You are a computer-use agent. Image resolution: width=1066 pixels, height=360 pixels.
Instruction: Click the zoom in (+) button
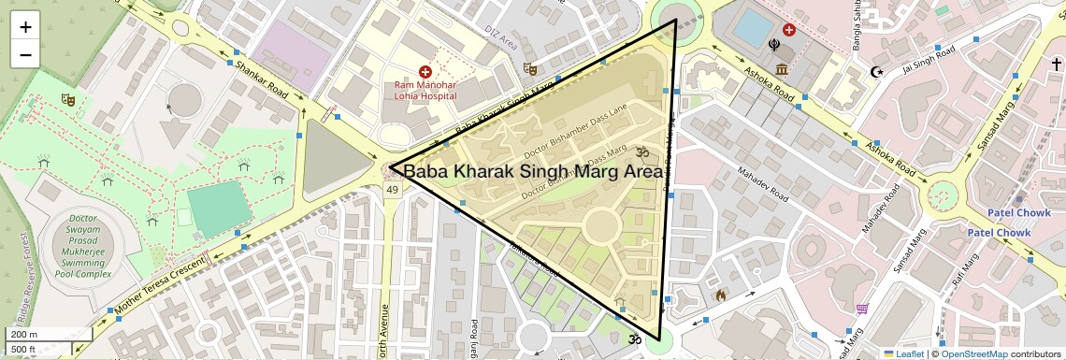[25, 27]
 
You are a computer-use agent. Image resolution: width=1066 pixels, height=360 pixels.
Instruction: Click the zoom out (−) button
[25, 54]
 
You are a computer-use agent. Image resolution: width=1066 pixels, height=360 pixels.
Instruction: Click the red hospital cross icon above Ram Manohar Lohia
[425, 71]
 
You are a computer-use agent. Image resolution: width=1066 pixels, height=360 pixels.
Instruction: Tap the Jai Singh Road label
[925, 65]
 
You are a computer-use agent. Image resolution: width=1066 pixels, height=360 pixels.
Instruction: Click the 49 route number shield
[392, 190]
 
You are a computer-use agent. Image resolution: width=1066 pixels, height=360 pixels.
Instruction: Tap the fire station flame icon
[720, 295]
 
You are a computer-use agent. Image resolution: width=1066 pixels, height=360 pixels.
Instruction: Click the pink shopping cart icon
[862, 309]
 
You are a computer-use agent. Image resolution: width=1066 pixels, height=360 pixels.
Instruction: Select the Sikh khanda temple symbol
[775, 43]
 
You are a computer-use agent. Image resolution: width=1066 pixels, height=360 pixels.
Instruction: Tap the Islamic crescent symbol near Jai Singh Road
[876, 71]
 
